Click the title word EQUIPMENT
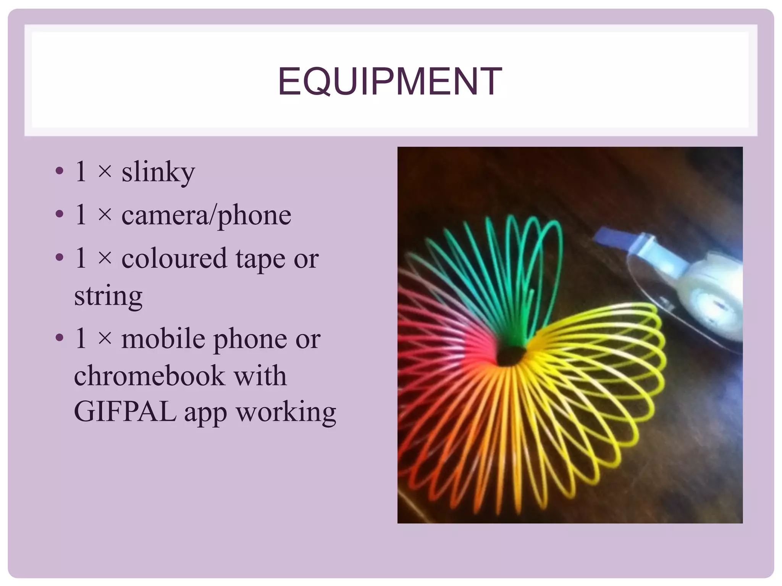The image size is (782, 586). (x=390, y=81)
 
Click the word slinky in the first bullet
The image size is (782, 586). (x=158, y=172)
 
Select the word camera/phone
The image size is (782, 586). (x=206, y=216)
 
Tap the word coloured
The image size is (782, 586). (x=174, y=258)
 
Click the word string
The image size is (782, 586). (x=108, y=296)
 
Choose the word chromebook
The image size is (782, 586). (x=149, y=375)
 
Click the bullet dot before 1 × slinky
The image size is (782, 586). (x=59, y=171)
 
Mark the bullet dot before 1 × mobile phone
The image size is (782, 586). (x=59, y=338)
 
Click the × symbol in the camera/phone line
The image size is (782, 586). (x=104, y=215)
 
